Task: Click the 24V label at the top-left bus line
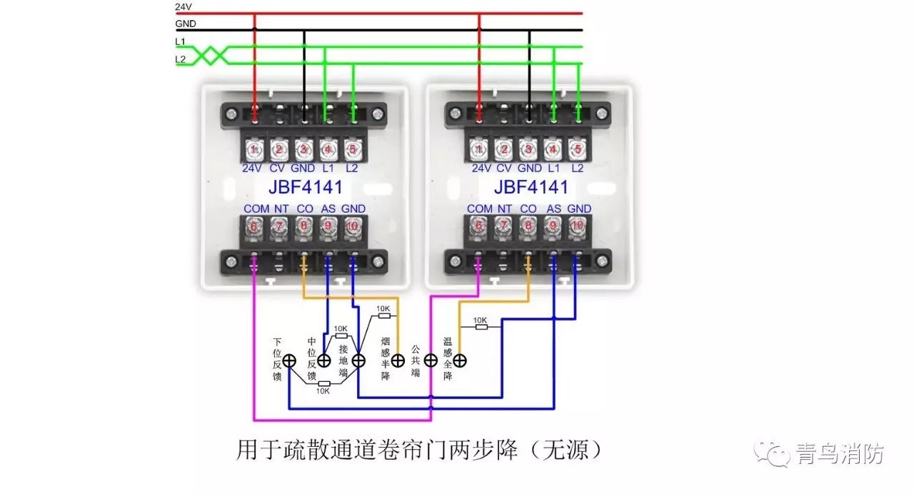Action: (x=184, y=6)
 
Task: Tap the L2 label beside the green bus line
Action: (x=181, y=59)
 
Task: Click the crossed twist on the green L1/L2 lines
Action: (x=210, y=56)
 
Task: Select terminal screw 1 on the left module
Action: (x=253, y=150)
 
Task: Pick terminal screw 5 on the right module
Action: (x=578, y=150)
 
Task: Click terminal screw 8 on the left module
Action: (x=303, y=226)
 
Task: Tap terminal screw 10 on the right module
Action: (x=578, y=226)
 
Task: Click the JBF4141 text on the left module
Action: (x=306, y=187)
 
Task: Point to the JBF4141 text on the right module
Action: (x=531, y=187)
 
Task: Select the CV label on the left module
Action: (x=277, y=168)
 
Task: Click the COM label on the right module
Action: (x=480, y=209)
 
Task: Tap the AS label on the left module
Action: (x=328, y=209)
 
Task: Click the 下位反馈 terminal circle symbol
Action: (x=289, y=361)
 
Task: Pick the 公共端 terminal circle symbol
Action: (x=431, y=361)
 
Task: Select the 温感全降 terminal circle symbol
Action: (x=460, y=361)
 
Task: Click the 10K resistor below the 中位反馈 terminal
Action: (x=324, y=384)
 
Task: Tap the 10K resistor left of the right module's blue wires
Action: (x=481, y=327)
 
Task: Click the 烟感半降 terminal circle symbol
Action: (x=398, y=361)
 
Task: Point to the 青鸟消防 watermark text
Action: (x=840, y=453)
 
